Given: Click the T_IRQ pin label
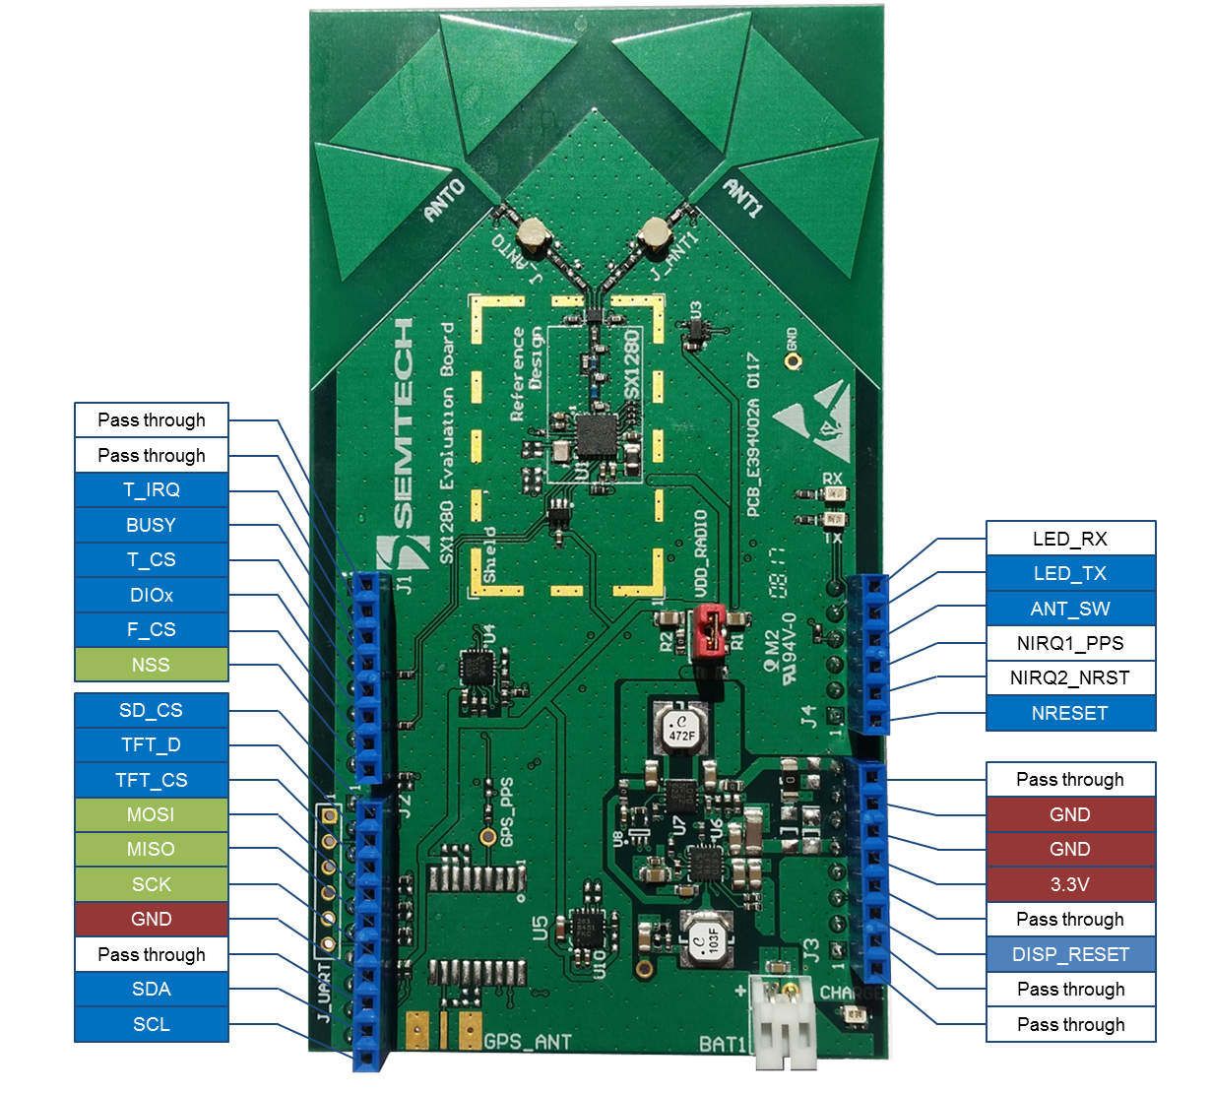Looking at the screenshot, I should pos(152,490).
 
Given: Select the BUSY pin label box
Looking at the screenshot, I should pos(152,525).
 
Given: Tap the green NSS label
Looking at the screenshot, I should pos(152,665).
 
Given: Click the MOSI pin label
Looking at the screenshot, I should pos(152,814).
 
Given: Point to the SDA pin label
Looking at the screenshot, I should pos(152,989).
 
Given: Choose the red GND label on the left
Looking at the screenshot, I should pos(152,919).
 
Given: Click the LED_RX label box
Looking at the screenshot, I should pos(1070,539).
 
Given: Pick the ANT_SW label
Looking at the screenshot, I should pos(1070,609).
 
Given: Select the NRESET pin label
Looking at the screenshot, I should pos(1070,713).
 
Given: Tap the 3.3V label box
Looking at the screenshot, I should pos(1070,884).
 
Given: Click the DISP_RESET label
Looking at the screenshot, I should pos(1070,954).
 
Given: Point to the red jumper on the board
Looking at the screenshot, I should pos(706,630).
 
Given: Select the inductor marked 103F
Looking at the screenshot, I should pos(706,938).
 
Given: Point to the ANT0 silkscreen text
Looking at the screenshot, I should pos(443,200).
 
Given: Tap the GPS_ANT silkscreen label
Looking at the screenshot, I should pos(528,1042).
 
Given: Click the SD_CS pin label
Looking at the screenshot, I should pos(152,710).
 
